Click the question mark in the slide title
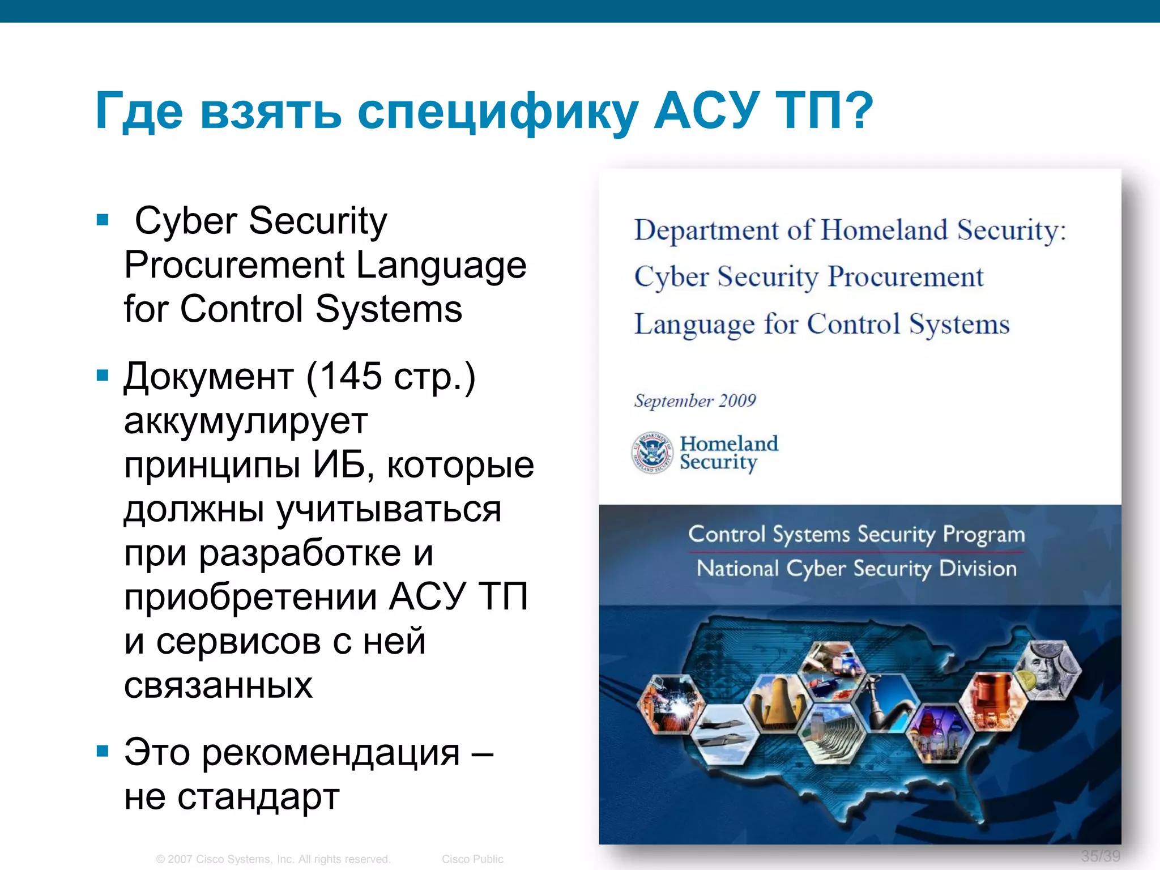858,110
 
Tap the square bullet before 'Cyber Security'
103,220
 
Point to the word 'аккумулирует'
246,422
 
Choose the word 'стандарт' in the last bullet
258,797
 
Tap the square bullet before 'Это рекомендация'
103,752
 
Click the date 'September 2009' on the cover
695,401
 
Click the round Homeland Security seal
652,453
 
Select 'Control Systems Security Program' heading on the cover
856,535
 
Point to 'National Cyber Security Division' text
856,569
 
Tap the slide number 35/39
1100,856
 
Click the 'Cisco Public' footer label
472,859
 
